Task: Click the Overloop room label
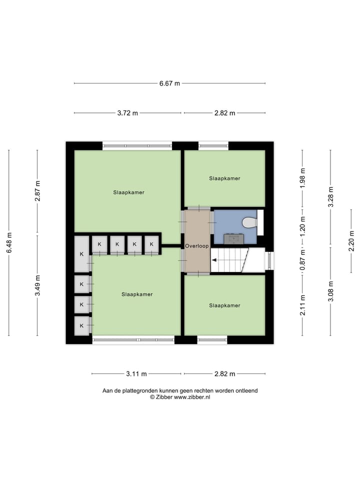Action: pos(196,246)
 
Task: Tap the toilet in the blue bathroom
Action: pos(249,222)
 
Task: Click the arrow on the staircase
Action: pos(214,260)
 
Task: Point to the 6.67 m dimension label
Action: pos(169,83)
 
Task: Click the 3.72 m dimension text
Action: pos(127,113)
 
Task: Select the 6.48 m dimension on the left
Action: pos(9,242)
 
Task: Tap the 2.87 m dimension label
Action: pos(37,191)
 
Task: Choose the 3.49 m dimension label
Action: pos(37,285)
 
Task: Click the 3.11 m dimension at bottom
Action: pos(136,373)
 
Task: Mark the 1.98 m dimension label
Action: pos(302,177)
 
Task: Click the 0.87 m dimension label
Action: pos(302,260)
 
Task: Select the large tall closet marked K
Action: pos(81,254)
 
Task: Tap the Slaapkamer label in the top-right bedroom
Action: pos(224,178)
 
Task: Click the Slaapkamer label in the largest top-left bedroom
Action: pos(128,192)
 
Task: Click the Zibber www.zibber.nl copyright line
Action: pos(180,397)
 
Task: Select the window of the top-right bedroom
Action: pos(213,146)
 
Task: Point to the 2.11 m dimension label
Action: pos(302,305)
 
